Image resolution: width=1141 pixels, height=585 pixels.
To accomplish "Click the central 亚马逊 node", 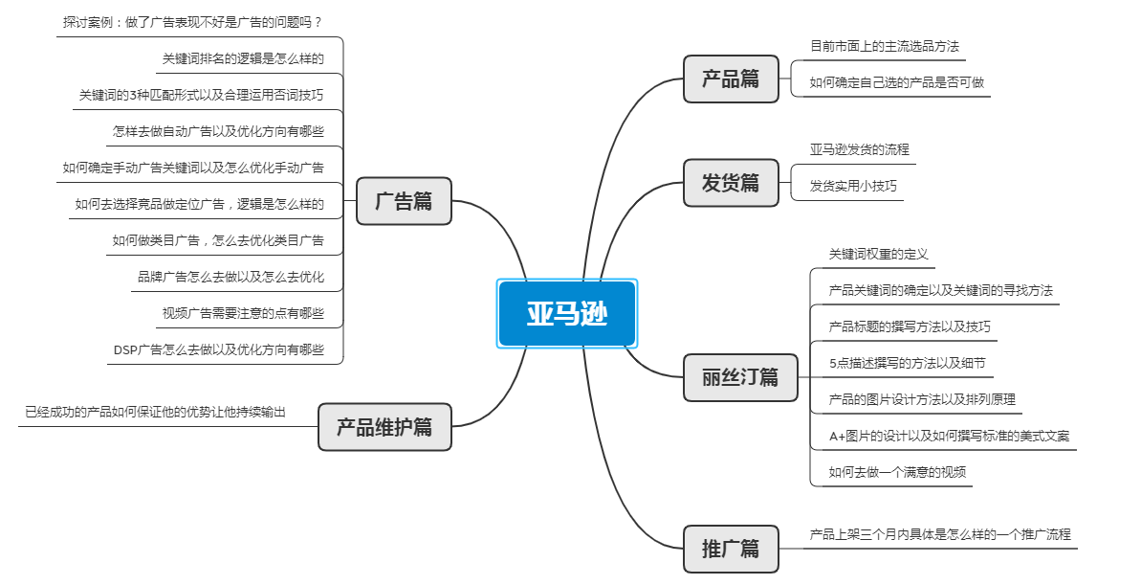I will click(567, 314).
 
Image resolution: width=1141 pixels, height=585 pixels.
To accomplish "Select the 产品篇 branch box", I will click(731, 79).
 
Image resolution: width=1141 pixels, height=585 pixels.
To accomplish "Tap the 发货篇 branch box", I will click(731, 183).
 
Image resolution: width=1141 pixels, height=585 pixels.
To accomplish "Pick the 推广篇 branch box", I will click(731, 549).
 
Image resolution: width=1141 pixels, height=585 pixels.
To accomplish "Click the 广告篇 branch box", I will click(404, 201).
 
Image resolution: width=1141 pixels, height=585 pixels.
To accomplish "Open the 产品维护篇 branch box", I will click(384, 427).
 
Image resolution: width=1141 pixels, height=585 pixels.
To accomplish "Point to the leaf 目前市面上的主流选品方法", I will click(885, 46).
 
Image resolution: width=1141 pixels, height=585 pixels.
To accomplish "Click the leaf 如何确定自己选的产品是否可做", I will click(896, 82).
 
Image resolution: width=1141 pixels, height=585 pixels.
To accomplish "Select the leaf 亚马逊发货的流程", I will click(859, 149).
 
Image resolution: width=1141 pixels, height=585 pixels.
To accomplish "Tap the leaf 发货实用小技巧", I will click(853, 186).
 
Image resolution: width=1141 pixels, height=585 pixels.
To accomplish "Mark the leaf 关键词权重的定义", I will click(878, 254).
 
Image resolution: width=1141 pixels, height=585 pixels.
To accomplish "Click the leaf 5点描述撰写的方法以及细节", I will click(907, 363).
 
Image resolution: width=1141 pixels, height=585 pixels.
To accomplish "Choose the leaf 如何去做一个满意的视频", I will click(897, 472).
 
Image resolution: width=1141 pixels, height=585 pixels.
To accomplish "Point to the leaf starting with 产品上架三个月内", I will click(940, 534).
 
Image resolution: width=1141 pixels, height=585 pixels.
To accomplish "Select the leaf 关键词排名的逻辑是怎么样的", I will click(243, 58).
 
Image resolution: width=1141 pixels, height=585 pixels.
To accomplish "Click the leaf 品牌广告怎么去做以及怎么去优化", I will click(230, 278).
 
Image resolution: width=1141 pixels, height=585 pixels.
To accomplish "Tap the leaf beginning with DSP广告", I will click(219, 350).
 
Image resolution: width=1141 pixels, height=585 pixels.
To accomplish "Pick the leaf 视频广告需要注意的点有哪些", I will click(243, 313).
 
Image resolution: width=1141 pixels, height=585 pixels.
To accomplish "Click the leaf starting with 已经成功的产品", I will click(155, 413).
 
